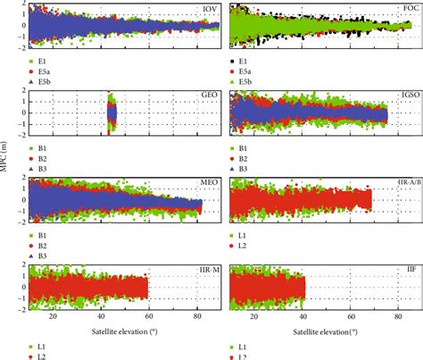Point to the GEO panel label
209,94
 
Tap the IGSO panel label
409,94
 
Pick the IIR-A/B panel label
405,180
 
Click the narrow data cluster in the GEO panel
112,113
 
